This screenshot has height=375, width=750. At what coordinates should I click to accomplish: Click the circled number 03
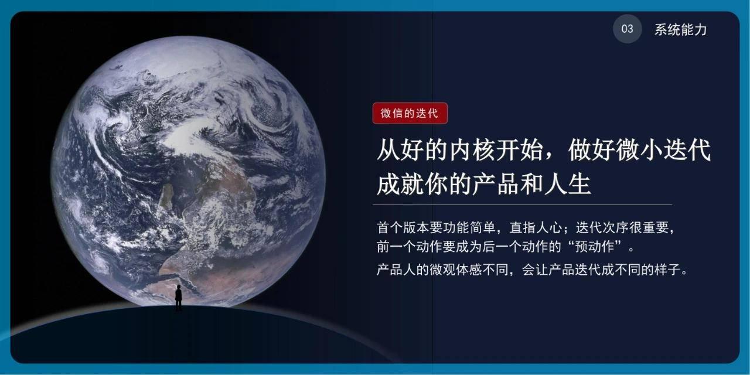(x=628, y=29)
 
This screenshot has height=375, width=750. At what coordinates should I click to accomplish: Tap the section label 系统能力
(x=680, y=30)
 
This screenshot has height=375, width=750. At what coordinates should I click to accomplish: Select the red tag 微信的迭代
(x=410, y=113)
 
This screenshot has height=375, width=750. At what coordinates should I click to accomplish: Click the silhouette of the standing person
(x=178, y=298)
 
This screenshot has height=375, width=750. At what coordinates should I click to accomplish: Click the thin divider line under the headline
(x=521, y=204)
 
